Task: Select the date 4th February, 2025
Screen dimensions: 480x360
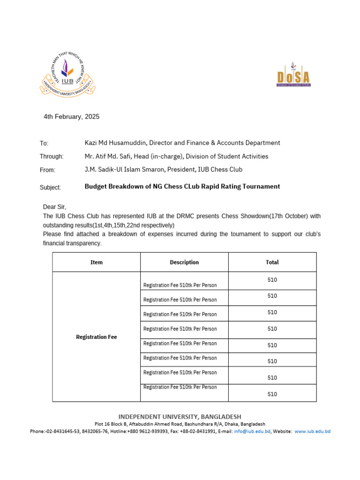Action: coord(71,117)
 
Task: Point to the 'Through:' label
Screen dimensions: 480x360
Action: coord(52,157)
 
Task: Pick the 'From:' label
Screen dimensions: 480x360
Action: coord(47,170)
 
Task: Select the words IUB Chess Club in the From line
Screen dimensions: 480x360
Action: coord(221,170)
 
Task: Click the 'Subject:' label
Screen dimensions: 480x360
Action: coord(50,187)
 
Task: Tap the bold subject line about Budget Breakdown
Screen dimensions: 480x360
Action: coord(182,187)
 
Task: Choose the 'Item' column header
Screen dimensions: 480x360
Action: coord(96,262)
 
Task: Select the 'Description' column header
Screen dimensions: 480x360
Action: coord(184,262)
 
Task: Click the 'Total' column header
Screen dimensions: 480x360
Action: coord(272,262)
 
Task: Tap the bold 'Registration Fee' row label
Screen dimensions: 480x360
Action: coord(96,337)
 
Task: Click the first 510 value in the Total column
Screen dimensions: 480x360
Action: coord(272,280)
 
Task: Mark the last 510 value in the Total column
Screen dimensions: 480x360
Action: coord(272,394)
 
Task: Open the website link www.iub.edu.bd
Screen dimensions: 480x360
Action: coord(313,431)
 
